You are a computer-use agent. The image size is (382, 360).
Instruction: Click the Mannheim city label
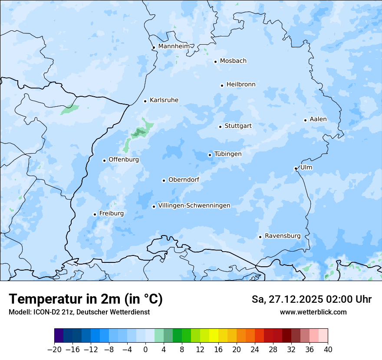coord(174,46)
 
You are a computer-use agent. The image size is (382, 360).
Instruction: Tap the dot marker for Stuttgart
coord(220,127)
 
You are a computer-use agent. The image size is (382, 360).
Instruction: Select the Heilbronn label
coord(241,85)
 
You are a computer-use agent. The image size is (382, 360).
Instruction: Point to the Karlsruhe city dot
coord(145,101)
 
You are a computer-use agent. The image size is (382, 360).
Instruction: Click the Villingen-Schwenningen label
coord(194,206)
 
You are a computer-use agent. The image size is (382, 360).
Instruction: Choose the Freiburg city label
coord(111,213)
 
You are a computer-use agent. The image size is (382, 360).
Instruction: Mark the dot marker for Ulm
coord(296,168)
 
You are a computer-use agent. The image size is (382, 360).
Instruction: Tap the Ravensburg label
coord(282,236)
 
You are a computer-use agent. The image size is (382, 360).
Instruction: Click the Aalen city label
coord(318,119)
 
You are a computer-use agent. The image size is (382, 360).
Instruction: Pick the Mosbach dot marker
coord(215,62)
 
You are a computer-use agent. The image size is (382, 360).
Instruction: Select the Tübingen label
coord(228,154)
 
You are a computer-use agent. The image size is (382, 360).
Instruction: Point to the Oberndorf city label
coord(184,180)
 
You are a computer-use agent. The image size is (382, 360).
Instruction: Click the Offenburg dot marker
coord(104,160)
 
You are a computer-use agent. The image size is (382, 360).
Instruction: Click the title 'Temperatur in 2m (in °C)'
coord(86,299)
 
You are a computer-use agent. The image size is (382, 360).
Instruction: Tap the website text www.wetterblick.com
coord(313,312)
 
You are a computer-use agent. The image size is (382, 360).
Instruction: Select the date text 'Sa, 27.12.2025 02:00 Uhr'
coord(311,299)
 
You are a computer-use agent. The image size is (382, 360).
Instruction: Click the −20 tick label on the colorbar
coord(54,350)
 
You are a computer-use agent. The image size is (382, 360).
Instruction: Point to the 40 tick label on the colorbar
coord(328,350)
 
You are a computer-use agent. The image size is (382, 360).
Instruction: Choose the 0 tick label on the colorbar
coord(145,350)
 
